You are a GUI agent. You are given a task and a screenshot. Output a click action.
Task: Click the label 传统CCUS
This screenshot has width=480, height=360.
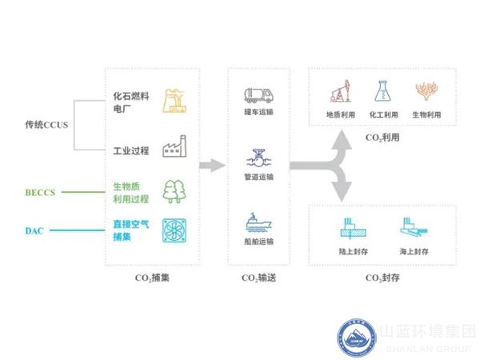click(46, 125)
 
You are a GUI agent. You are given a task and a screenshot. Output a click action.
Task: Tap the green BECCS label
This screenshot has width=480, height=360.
click(39, 191)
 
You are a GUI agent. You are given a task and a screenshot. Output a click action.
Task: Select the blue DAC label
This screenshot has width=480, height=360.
click(34, 231)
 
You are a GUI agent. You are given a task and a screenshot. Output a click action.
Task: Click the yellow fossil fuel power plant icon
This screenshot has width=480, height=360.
click(174, 102)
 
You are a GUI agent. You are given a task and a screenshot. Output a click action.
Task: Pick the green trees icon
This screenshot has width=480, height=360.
click(174, 191)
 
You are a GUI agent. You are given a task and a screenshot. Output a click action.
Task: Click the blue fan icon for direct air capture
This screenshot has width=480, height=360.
click(174, 230)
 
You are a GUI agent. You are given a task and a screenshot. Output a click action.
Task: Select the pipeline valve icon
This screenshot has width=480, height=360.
click(258, 158)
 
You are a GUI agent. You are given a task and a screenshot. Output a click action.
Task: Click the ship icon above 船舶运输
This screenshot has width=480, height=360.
click(258, 222)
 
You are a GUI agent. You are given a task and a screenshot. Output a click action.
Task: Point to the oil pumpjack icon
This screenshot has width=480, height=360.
click(338, 93)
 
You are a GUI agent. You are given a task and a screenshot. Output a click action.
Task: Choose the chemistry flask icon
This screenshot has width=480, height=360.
click(382, 92)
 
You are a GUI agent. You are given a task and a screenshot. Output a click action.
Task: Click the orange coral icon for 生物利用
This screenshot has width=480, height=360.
click(426, 92)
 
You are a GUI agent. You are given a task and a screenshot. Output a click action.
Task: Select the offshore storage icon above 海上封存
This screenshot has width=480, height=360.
click(412, 229)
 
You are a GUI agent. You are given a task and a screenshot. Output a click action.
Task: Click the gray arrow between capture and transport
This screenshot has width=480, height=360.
click(210, 166)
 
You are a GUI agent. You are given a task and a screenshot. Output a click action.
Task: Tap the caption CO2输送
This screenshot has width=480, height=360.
click(258, 278)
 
